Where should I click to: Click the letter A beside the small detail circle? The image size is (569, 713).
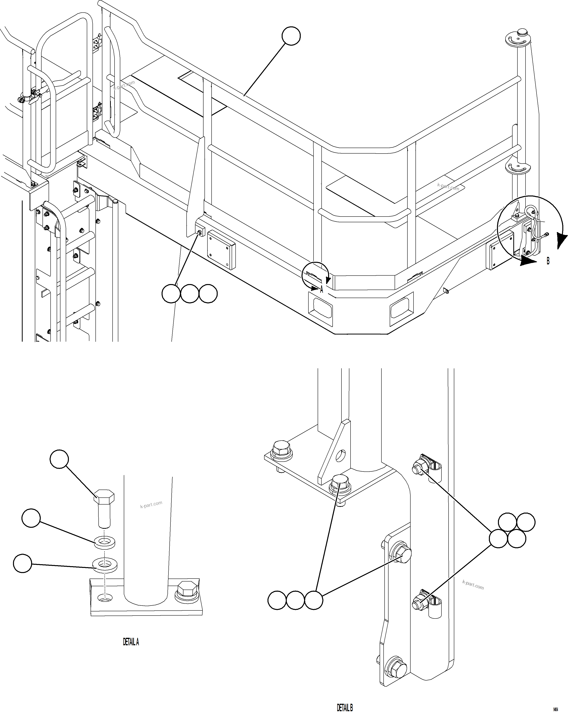click(321, 290)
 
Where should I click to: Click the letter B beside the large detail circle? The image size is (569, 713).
click(548, 261)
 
